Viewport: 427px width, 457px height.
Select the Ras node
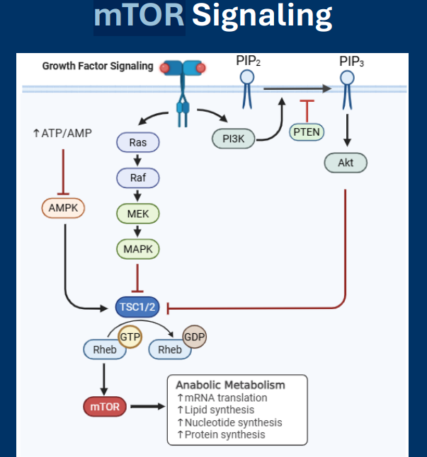[x=138, y=143]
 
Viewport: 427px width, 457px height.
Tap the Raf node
[x=138, y=178]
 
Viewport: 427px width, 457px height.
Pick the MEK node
[x=138, y=213]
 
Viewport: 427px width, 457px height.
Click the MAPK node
[x=138, y=249]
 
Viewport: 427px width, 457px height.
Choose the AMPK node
[x=63, y=208]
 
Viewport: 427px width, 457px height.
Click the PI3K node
[x=234, y=139]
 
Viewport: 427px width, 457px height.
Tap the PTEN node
[x=307, y=131]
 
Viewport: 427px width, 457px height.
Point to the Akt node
[x=346, y=163]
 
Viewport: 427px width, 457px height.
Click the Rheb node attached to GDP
[x=169, y=349]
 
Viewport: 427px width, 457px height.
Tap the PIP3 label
[x=352, y=62]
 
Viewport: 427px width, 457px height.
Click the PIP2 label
[x=248, y=62]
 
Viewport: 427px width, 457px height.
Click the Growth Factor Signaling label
[x=98, y=66]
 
